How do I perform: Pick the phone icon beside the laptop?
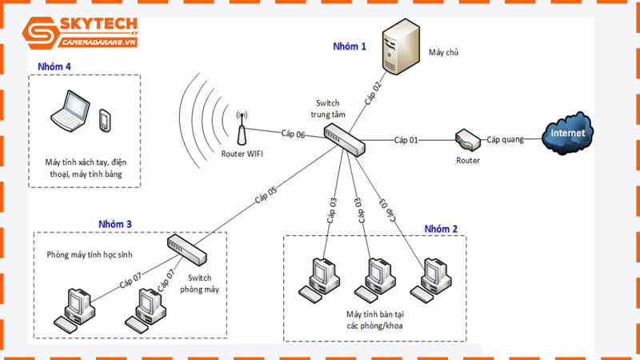[x=104, y=120]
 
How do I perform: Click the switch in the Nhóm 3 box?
[x=187, y=249]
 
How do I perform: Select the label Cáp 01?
[x=406, y=141]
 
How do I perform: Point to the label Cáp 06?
[x=293, y=134]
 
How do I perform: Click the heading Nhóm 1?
[x=350, y=46]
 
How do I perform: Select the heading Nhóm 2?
[x=441, y=229]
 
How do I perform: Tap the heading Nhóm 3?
[x=115, y=223]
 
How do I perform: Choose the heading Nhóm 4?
[x=54, y=66]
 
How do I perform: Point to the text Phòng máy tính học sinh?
[x=89, y=254]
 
